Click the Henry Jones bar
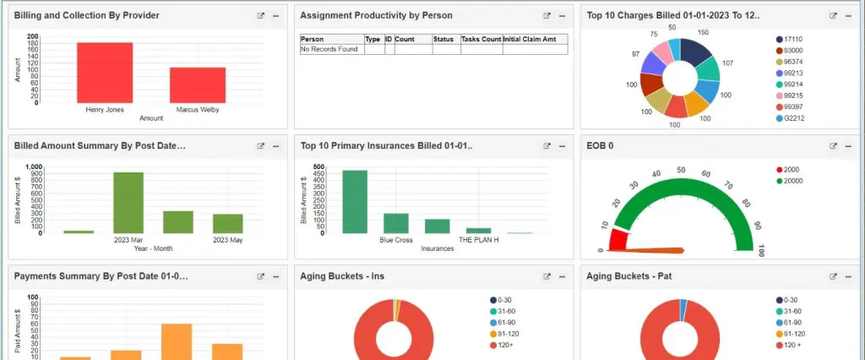(105, 72)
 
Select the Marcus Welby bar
(198, 85)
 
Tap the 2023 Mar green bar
(128, 202)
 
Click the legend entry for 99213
(793, 72)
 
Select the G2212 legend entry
(793, 118)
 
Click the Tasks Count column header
(481, 39)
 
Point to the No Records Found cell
(330, 49)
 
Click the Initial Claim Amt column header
(534, 39)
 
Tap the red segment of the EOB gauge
(618, 238)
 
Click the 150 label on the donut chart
(703, 33)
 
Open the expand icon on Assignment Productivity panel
(547, 16)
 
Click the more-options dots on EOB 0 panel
(848, 145)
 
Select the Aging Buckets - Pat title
(622, 275)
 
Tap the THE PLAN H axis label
(479, 240)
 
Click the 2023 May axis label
(227, 240)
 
